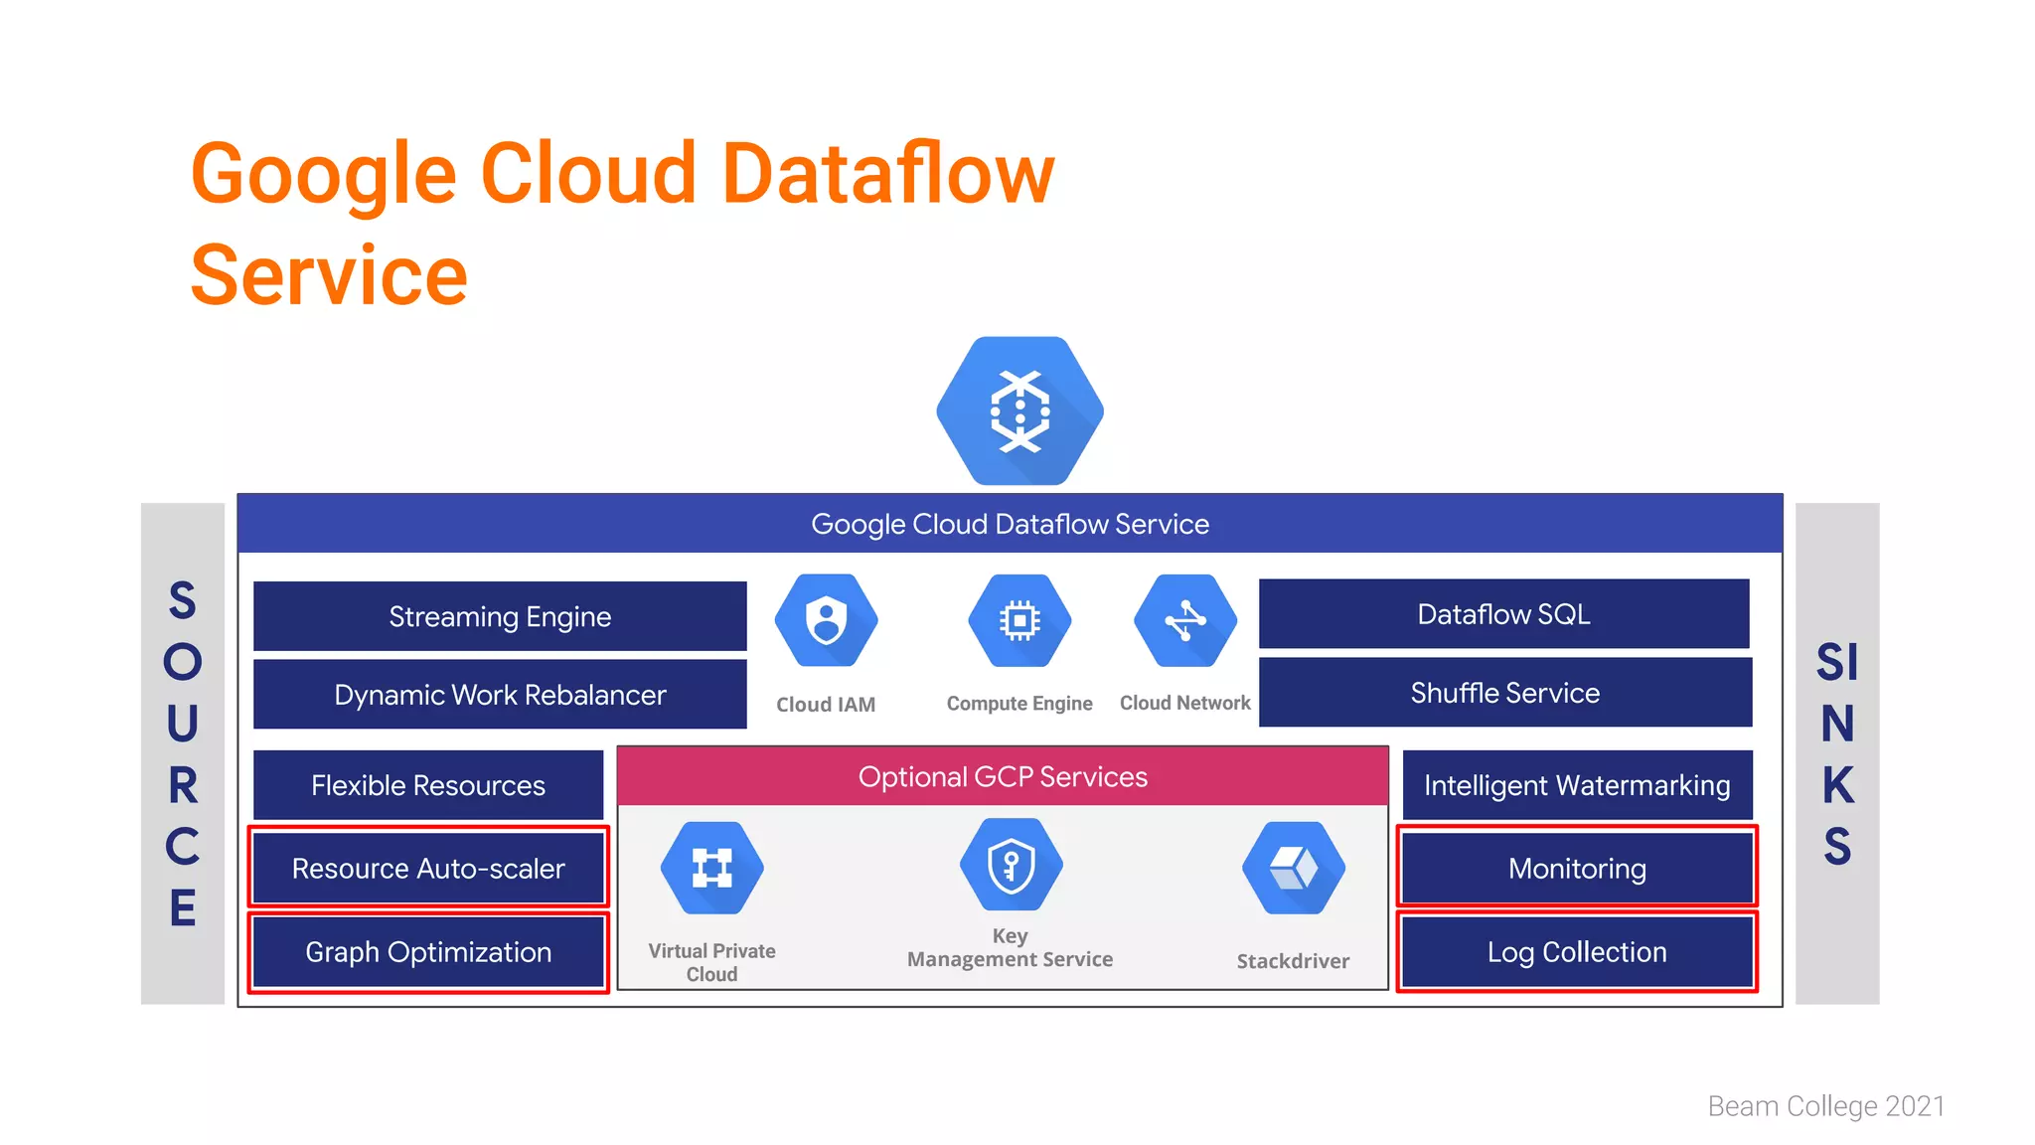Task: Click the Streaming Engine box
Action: click(x=500, y=616)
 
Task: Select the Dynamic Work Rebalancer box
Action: click(x=500, y=694)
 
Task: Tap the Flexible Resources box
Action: click(x=428, y=785)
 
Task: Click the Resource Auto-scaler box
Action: click(x=428, y=868)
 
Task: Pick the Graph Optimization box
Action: click(x=428, y=951)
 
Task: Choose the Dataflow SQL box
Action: click(x=1503, y=614)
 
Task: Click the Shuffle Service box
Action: click(x=1504, y=693)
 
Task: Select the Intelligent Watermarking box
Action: click(x=1577, y=785)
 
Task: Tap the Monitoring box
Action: click(x=1577, y=868)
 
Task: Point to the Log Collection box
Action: click(x=1577, y=951)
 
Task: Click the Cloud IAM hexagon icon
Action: click(x=826, y=621)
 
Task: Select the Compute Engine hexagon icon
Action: click(x=1019, y=621)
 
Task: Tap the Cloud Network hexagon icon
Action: click(x=1185, y=621)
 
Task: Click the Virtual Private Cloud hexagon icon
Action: click(x=712, y=868)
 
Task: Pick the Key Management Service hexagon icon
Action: click(x=1011, y=865)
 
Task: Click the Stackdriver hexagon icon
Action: click(x=1293, y=868)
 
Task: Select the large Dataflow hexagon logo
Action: click(x=1019, y=410)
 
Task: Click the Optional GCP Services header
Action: click(x=1003, y=776)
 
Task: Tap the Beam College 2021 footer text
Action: click(x=1825, y=1106)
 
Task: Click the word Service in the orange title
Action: click(x=329, y=275)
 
